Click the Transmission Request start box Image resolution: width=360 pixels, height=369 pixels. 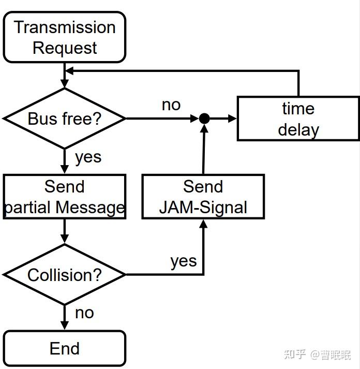(65, 37)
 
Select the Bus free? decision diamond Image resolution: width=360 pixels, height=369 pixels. (65, 119)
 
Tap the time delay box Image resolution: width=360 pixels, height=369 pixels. (298, 119)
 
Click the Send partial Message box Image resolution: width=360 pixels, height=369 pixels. (65, 197)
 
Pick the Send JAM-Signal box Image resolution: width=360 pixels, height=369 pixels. (203, 197)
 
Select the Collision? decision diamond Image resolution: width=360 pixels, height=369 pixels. (65, 275)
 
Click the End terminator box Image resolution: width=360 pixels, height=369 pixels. (65, 348)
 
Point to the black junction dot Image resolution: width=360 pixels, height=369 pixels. (204, 119)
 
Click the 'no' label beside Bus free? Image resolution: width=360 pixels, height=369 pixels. (171, 105)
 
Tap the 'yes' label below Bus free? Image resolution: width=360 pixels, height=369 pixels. (88, 157)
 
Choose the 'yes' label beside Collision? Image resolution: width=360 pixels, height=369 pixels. (184, 261)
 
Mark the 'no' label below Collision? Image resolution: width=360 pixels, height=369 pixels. (84, 313)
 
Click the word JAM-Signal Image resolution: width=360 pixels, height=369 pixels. (203, 207)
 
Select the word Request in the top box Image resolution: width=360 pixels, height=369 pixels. (65, 48)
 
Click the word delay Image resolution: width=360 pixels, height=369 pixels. (298, 129)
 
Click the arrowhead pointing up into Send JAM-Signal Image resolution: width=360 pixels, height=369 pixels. (203, 224)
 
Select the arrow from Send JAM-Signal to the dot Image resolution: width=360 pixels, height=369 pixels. (204, 150)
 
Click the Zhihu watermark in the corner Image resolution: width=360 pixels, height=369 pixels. (317, 355)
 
